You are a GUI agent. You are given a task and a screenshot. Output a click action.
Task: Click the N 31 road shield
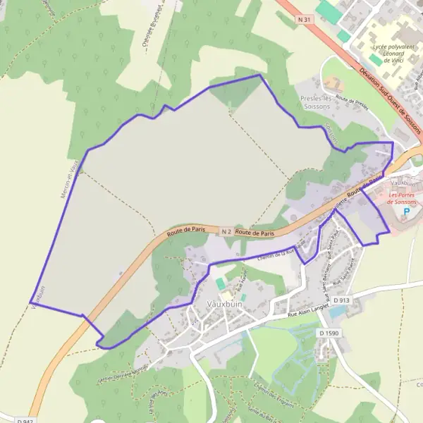click(x=304, y=20)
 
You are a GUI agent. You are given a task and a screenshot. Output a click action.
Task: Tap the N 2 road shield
click(x=226, y=231)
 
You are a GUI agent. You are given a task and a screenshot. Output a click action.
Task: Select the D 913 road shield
click(x=341, y=300)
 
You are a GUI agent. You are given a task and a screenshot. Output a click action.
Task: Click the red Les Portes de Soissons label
click(x=403, y=197)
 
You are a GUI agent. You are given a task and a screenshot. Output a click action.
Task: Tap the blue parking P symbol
click(x=405, y=211)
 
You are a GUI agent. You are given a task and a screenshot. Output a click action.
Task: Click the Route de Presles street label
click(x=352, y=104)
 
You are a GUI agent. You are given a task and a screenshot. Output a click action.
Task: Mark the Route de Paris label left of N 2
click(x=186, y=231)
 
